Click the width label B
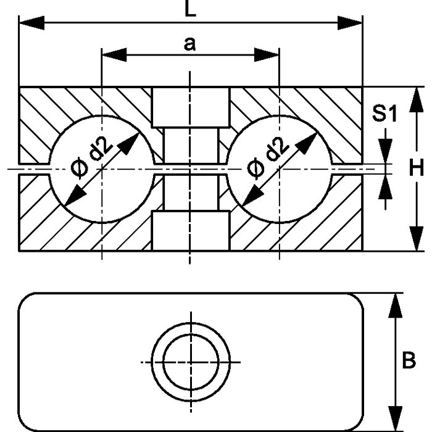point(409,360)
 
